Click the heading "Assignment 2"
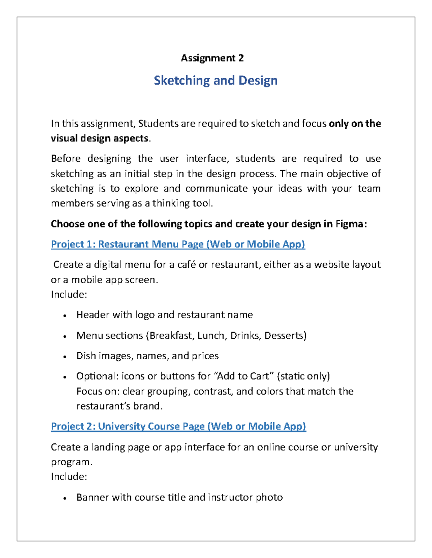click(x=212, y=58)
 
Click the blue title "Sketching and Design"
click(x=216, y=80)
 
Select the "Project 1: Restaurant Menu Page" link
click(x=178, y=244)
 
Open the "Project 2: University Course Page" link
click(x=178, y=426)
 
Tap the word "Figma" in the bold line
click(x=350, y=224)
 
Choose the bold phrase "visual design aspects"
click(x=99, y=138)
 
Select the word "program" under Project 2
click(x=71, y=462)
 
